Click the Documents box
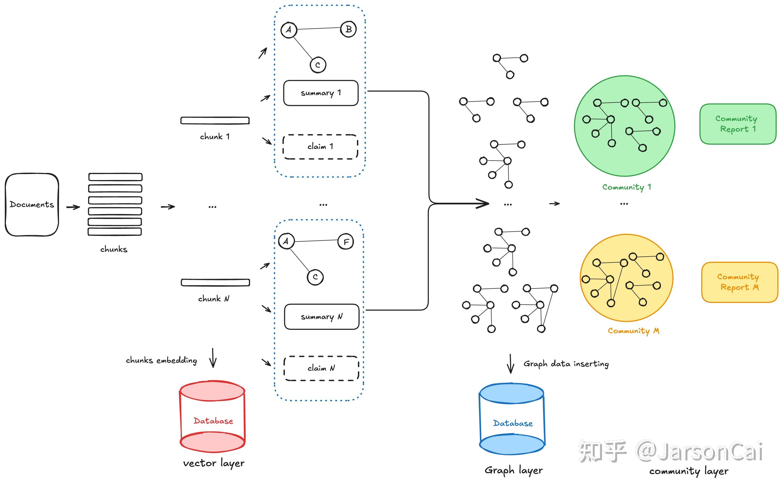(x=32, y=205)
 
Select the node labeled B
(x=348, y=29)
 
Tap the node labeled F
(x=346, y=242)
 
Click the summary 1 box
(x=321, y=93)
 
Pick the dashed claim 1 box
(x=320, y=147)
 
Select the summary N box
(x=322, y=317)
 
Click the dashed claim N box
(x=321, y=368)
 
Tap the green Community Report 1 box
(x=738, y=124)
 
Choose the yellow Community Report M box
(x=739, y=282)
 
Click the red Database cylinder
(x=213, y=416)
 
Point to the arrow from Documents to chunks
(x=73, y=207)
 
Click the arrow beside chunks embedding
(x=213, y=358)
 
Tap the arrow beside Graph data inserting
(x=510, y=364)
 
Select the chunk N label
(x=213, y=299)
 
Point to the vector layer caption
(x=214, y=463)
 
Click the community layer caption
(x=689, y=471)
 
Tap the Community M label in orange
(x=633, y=331)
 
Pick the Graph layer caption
(x=514, y=471)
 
